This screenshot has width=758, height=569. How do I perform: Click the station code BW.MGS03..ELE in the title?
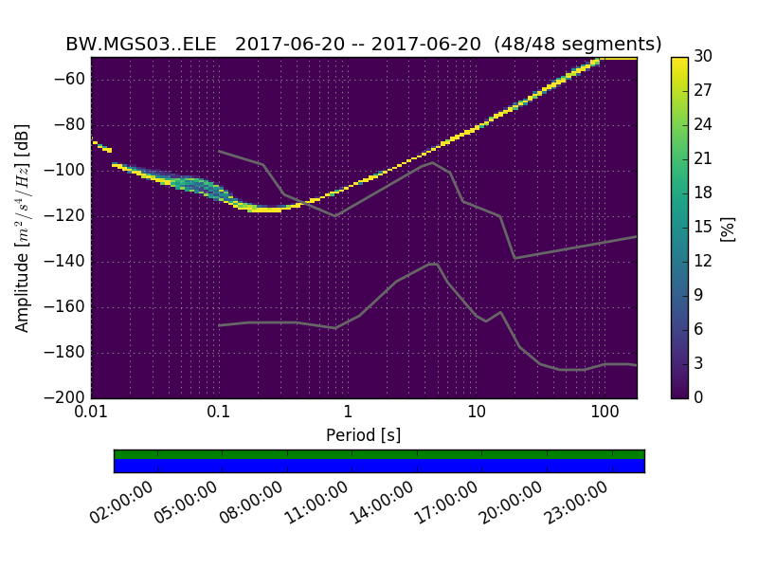click(x=141, y=45)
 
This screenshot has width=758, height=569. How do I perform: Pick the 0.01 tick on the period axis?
click(x=92, y=412)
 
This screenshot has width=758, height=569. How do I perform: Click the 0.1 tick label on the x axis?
click(x=219, y=412)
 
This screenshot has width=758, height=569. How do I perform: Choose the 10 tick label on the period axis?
click(x=476, y=412)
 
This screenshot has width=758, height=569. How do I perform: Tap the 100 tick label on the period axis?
click(x=604, y=412)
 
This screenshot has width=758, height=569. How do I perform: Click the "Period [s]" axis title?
click(x=364, y=435)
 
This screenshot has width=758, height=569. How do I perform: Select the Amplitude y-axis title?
click(x=23, y=228)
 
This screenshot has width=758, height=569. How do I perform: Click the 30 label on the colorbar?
click(x=703, y=57)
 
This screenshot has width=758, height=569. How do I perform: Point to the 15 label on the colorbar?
click(x=703, y=228)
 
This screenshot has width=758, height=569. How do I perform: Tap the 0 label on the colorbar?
click(x=699, y=398)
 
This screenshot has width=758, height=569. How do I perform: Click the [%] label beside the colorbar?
click(x=728, y=228)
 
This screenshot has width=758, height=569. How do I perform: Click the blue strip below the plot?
click(x=379, y=466)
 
